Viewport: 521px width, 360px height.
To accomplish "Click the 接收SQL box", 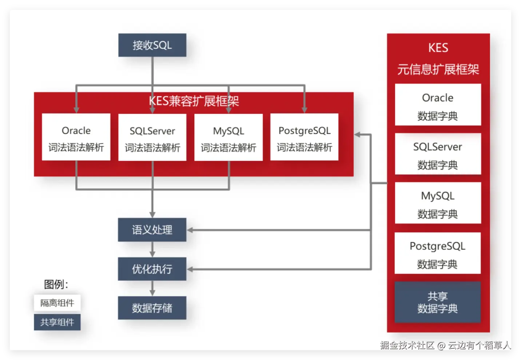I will tap(152, 45).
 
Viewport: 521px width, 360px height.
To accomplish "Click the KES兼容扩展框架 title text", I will tap(194, 101).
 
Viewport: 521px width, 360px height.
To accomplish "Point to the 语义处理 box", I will tap(152, 230).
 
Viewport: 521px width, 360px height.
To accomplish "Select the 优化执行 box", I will tap(152, 269).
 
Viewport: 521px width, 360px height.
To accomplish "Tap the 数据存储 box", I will tap(152, 308).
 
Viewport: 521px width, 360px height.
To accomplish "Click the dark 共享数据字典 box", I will tap(438, 303).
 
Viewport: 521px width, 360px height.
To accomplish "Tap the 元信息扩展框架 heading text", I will tap(438, 69).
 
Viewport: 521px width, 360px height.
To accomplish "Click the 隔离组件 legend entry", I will tap(57, 303).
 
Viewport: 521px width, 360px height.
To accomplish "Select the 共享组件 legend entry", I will tap(57, 322).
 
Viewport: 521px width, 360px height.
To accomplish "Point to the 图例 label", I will tap(56, 284).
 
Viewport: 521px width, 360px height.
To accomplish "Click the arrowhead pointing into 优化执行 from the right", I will tap(190, 269).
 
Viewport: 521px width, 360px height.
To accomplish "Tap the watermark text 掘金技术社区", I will tap(407, 345).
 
